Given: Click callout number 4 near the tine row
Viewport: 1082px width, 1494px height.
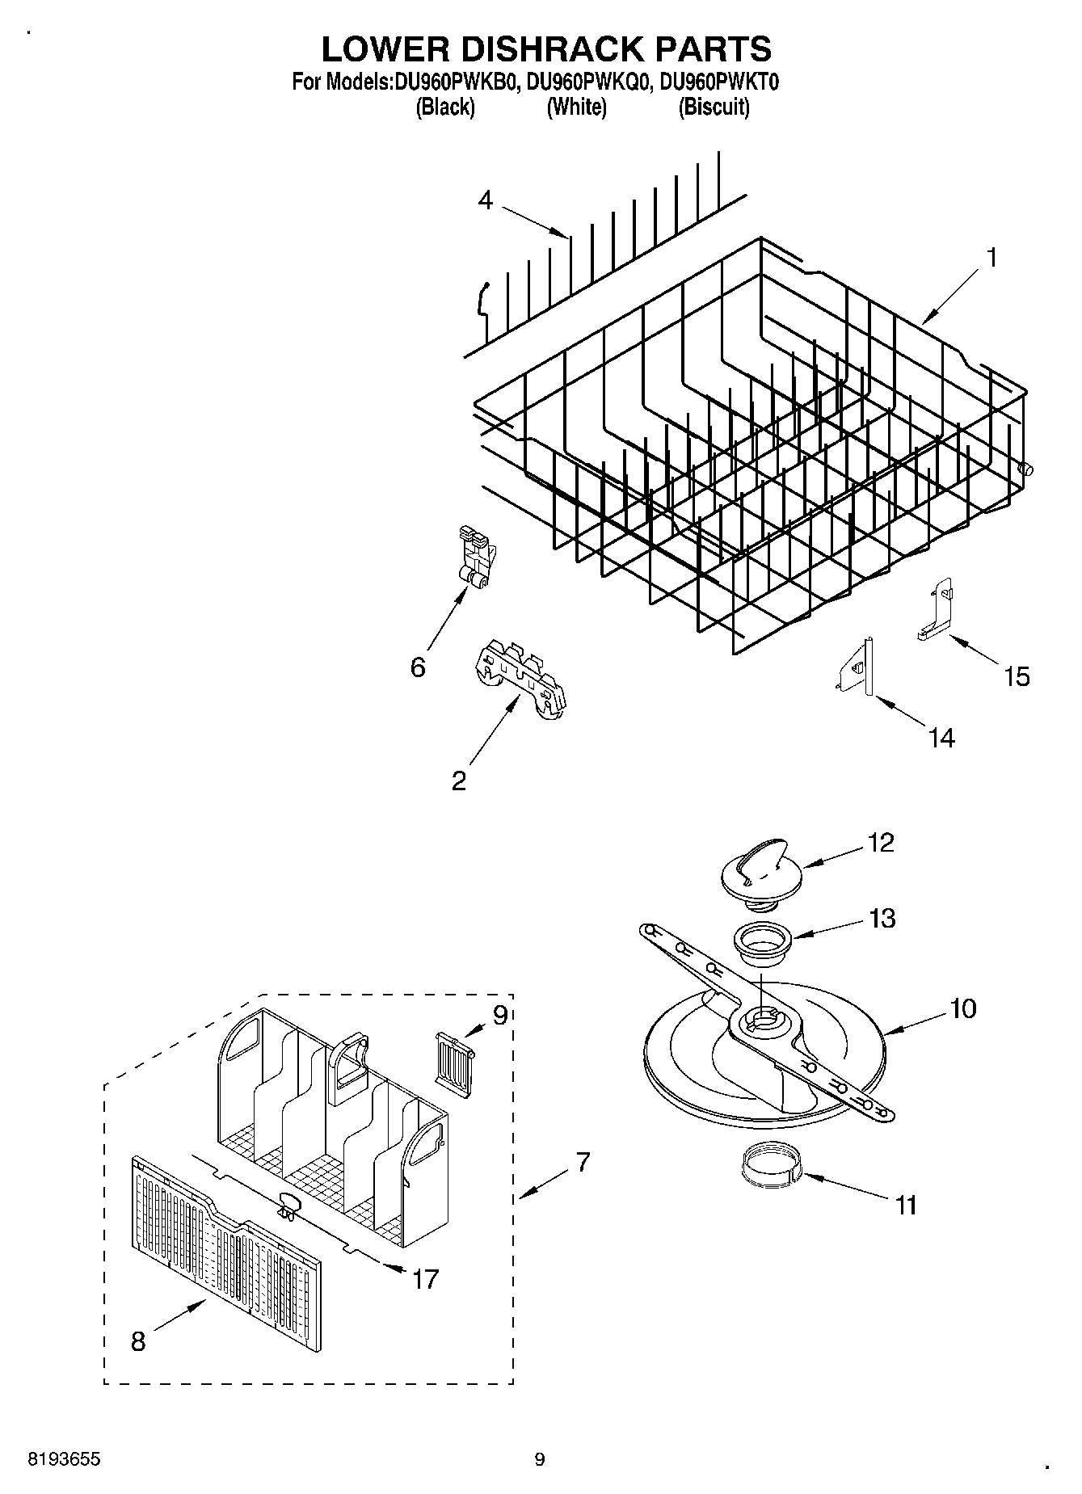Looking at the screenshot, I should point(485,200).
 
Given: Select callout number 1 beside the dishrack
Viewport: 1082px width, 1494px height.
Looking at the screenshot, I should point(991,259).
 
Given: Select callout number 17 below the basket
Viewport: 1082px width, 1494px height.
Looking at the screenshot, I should point(426,1278).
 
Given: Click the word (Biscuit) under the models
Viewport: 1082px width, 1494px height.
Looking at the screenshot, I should point(714,107).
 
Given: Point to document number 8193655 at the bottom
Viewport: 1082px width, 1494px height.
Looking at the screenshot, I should point(64,1459).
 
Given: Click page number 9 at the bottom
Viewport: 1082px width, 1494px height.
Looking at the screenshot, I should point(540,1459).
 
